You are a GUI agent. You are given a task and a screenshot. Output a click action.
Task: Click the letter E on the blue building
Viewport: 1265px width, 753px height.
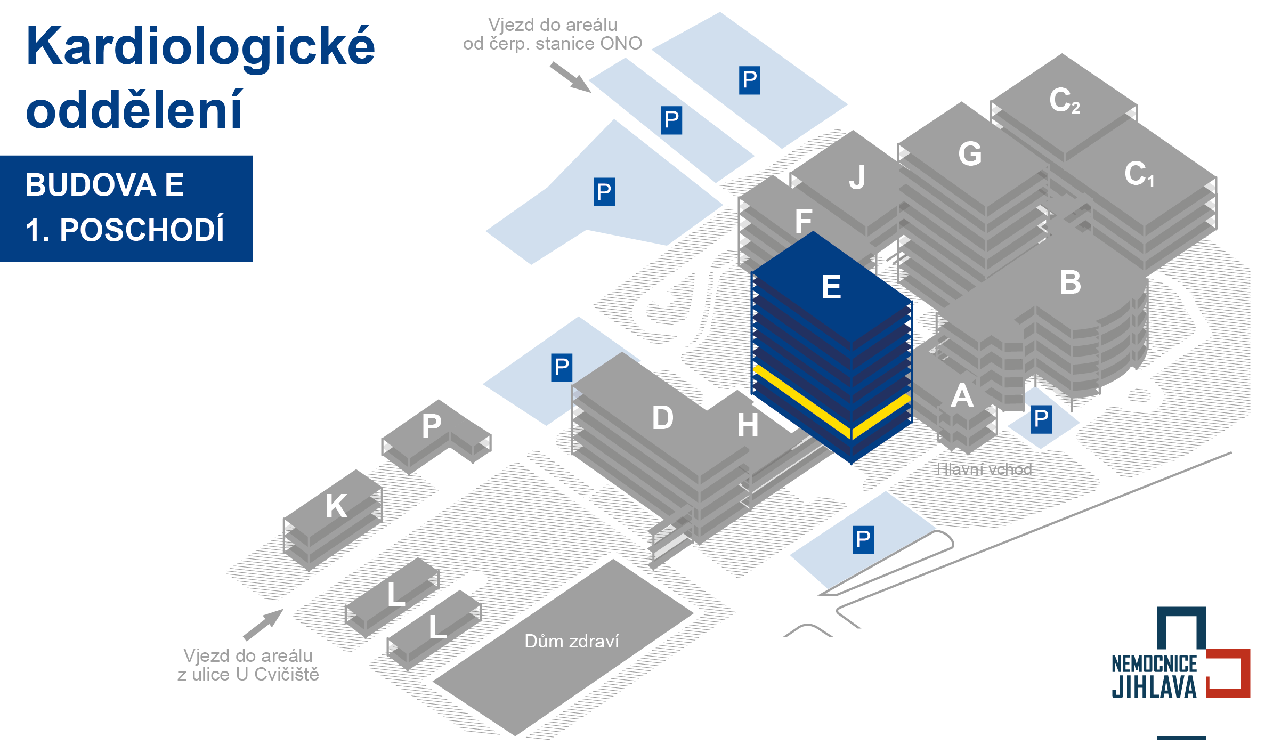click(831, 287)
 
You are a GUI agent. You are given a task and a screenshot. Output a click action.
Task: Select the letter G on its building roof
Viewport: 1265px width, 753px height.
click(970, 154)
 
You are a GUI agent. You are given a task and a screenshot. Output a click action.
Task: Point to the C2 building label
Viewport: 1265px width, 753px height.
click(1064, 100)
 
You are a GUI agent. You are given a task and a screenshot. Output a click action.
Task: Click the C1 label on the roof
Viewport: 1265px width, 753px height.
click(1139, 174)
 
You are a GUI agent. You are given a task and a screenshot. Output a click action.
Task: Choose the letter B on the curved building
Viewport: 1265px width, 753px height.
click(1070, 282)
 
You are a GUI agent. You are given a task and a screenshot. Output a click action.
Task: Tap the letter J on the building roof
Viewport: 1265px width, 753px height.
click(857, 177)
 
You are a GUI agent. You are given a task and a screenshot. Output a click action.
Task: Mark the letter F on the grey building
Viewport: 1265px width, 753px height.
click(804, 221)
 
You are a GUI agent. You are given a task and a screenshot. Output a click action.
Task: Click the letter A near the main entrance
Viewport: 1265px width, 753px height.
click(962, 396)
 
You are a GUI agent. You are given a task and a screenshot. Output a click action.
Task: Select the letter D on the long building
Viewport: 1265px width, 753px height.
click(663, 417)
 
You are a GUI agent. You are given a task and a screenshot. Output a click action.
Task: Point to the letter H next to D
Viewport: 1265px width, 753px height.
click(748, 425)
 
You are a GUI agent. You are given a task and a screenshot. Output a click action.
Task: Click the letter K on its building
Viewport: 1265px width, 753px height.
click(337, 506)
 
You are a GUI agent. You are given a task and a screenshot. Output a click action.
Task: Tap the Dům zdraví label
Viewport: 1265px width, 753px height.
click(571, 641)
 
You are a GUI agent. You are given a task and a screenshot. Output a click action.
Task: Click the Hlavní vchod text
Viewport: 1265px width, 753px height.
click(984, 469)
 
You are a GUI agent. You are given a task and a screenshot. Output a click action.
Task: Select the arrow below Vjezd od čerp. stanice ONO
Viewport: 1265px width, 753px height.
click(571, 77)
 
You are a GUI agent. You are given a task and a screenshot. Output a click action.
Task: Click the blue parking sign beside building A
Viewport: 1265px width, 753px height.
click(1041, 419)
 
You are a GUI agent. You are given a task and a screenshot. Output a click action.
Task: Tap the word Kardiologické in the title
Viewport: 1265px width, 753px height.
click(200, 48)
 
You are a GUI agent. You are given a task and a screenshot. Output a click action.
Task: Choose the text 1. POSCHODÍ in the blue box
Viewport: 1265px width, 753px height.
click(125, 230)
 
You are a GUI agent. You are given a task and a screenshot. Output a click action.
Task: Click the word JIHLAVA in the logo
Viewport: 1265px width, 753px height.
click(1154, 687)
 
